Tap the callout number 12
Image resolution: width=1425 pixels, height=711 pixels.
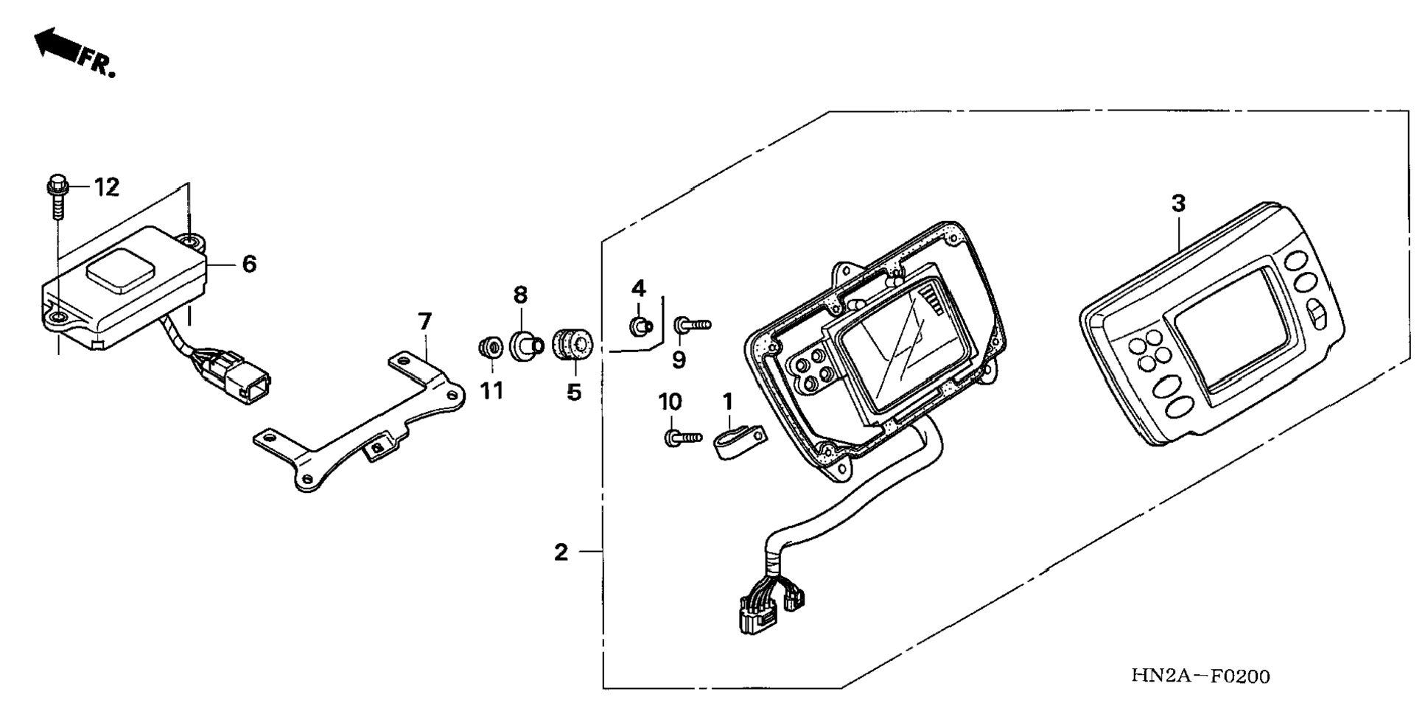point(107,187)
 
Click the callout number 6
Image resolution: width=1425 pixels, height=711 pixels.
point(249,263)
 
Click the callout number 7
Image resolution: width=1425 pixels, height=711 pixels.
point(424,321)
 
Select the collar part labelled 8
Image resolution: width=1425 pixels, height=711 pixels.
point(525,344)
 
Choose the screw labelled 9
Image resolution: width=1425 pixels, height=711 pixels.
point(691,324)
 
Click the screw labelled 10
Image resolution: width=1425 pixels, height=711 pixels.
point(682,438)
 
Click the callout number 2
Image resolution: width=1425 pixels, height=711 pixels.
point(561,552)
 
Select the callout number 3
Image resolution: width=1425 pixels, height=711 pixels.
point(1178,203)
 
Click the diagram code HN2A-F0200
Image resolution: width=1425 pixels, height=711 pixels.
point(1200,676)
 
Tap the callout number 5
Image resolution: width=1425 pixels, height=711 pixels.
point(574,392)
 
